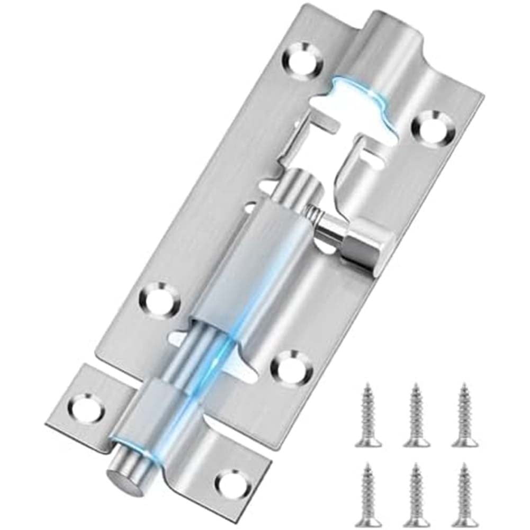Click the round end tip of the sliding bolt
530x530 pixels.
pyautogui.click(x=124, y=477)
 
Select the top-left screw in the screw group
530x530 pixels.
pyautogui.click(x=368, y=416)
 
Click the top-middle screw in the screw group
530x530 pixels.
pyautogui.click(x=416, y=416)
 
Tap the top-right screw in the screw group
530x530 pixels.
pyautogui.click(x=465, y=416)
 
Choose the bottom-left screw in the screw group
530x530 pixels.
pyautogui.click(x=368, y=496)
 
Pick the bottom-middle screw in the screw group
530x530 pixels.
pyautogui.click(x=416, y=496)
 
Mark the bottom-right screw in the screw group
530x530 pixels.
pyautogui.click(x=465, y=496)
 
